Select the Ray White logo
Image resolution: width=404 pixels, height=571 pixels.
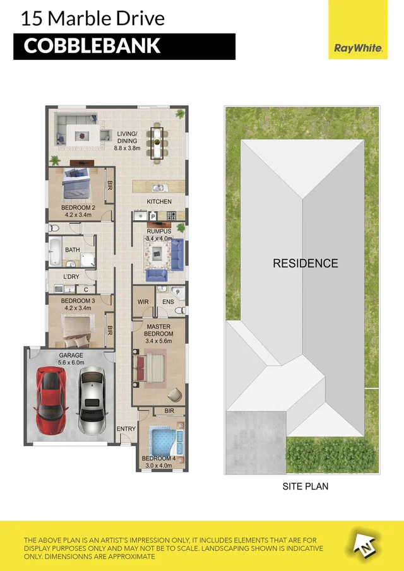pos(357,48)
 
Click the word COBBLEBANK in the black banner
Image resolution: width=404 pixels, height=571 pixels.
pos(92,46)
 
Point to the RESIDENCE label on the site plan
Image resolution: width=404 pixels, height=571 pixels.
pos(306,263)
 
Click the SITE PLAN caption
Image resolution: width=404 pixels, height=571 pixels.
pos(305,486)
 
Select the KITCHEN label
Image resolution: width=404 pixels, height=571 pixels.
pos(159,201)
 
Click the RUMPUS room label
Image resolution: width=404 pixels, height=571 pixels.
pos(158,231)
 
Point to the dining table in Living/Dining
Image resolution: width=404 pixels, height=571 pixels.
pos(156,141)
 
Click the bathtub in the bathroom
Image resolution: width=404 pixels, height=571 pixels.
pos(55,252)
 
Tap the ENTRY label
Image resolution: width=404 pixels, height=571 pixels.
pos(126,429)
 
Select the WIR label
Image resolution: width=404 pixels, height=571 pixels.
pos(143,302)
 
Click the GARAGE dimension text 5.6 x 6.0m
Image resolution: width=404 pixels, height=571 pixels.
pos(71,362)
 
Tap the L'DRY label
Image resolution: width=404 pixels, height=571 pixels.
pos(71,277)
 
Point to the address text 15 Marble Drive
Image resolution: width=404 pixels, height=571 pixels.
pos(92,18)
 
